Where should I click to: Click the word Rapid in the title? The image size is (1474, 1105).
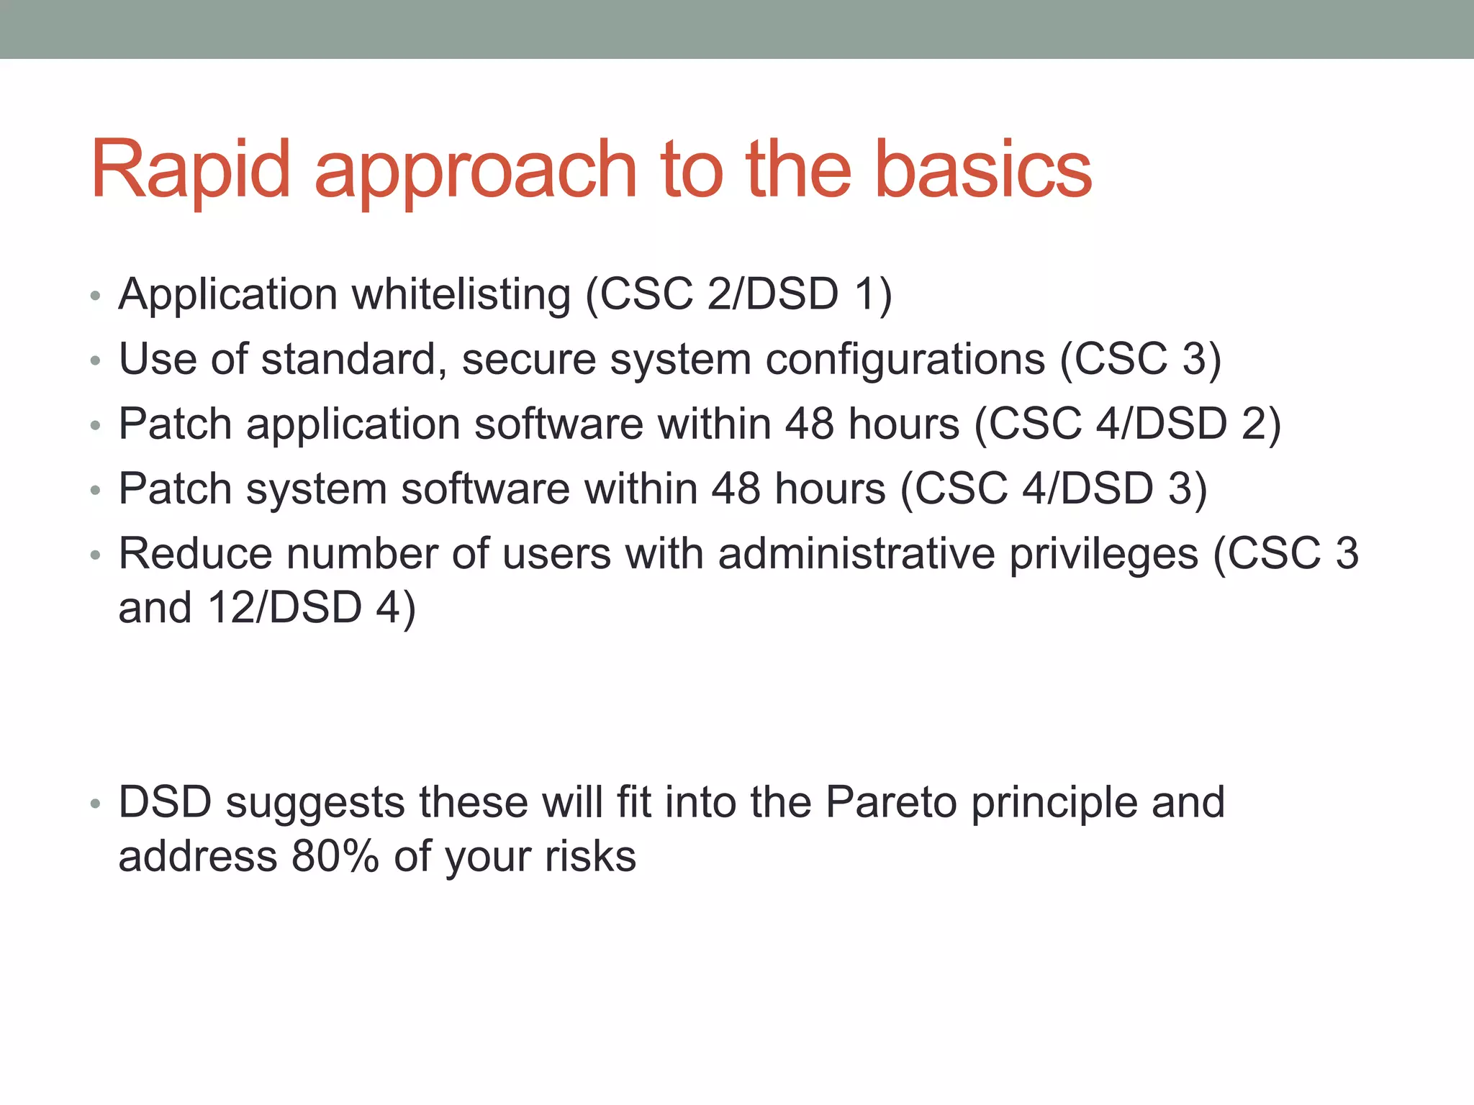[x=191, y=170]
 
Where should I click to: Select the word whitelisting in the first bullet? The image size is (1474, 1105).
[x=461, y=295]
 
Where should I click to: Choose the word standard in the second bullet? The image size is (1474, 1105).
[x=348, y=360]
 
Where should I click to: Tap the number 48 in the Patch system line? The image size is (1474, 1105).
[x=736, y=489]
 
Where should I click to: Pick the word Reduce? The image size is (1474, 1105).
[x=195, y=554]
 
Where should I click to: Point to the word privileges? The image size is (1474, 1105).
[x=1103, y=555]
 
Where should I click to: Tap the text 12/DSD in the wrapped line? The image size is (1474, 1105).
[x=285, y=608]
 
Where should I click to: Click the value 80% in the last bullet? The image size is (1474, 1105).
[x=335, y=857]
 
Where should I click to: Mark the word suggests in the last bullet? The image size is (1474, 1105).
[x=315, y=804]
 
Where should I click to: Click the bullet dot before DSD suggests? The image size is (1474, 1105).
[x=96, y=804]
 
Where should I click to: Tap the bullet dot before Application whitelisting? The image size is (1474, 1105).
[x=96, y=296]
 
